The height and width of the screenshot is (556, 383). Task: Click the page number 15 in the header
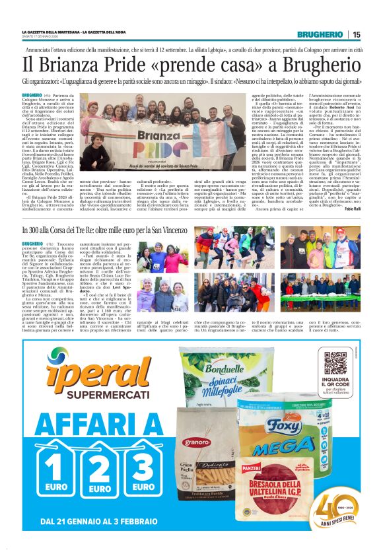click(x=357, y=34)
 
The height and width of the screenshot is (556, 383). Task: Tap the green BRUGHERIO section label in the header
click(x=320, y=34)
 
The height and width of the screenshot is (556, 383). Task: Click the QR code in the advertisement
click(x=336, y=363)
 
